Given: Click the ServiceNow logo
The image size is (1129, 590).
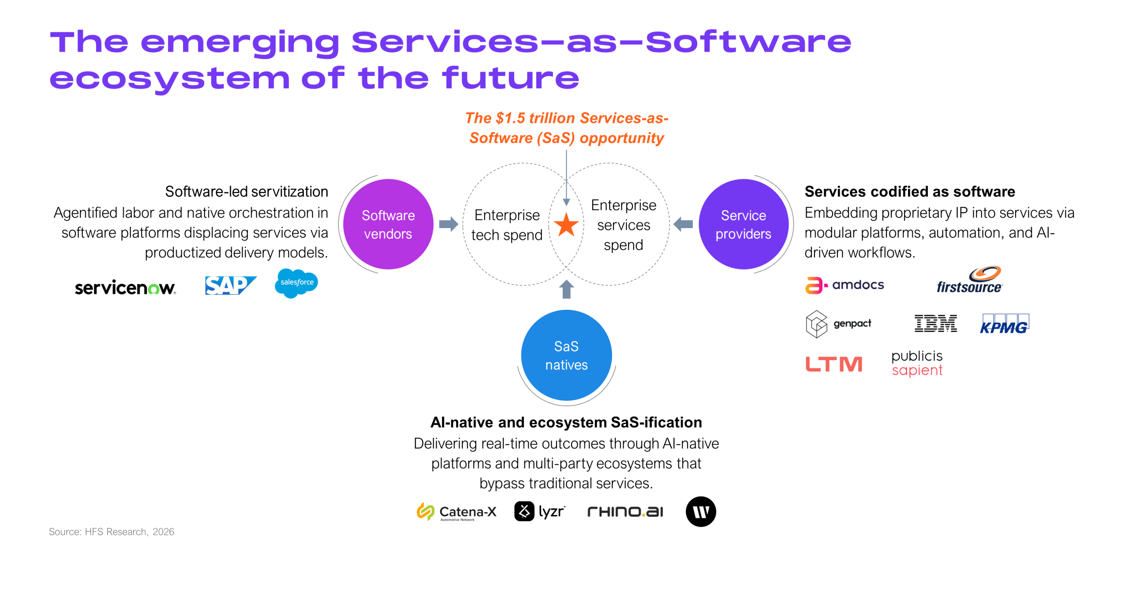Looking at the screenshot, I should pos(125,287).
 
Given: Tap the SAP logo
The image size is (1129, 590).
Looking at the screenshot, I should pos(230,285).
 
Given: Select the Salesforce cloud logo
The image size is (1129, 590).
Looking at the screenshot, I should pos(296,283).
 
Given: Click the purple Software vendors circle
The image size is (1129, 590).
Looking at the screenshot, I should pos(388,224).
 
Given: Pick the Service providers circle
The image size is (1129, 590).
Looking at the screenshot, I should pos(743,224).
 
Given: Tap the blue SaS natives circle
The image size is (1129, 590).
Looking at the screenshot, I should pos(566,355).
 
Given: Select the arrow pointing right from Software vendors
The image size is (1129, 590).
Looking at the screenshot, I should pos(449,224).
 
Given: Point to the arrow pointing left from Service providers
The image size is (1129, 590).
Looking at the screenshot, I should pos(683,224).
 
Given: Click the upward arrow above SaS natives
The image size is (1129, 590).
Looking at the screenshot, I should pos(566,289).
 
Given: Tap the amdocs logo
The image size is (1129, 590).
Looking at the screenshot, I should pos(845,285).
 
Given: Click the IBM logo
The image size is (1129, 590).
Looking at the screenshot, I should pos(935,323).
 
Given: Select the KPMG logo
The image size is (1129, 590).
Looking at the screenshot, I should pos(1004,324).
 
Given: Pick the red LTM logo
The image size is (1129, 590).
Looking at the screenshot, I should pos(834,364).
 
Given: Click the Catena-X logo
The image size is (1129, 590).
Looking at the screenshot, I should pos(456,512).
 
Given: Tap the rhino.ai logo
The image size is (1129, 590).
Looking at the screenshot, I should pos(625,512).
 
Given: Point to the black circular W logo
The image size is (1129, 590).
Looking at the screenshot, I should pos(701,512).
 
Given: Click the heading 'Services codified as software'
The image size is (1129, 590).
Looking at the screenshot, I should pos(909,192).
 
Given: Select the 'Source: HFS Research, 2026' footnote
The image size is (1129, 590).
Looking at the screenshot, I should pos(112,532).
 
